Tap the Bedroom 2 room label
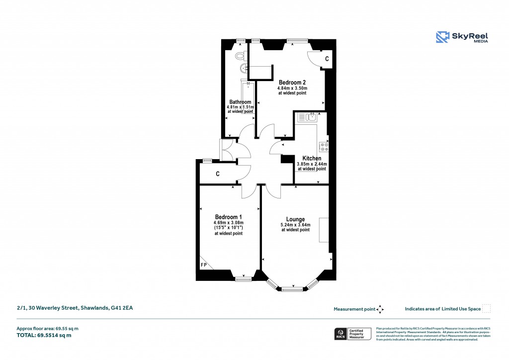coord(292,82)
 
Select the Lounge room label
coord(295,219)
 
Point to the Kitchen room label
coord(312,158)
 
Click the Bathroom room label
coord(240,102)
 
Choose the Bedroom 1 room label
coord(229,217)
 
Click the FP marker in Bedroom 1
coord(204,265)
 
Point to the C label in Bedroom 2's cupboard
coord(327,59)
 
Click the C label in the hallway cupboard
coord(218,174)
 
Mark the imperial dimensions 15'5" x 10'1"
coord(229,228)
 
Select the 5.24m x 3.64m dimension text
coord(295,225)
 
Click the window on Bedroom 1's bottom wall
coord(243,279)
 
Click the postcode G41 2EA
coord(122,308)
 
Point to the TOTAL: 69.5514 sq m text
coord(44,335)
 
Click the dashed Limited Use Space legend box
coord(487,308)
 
